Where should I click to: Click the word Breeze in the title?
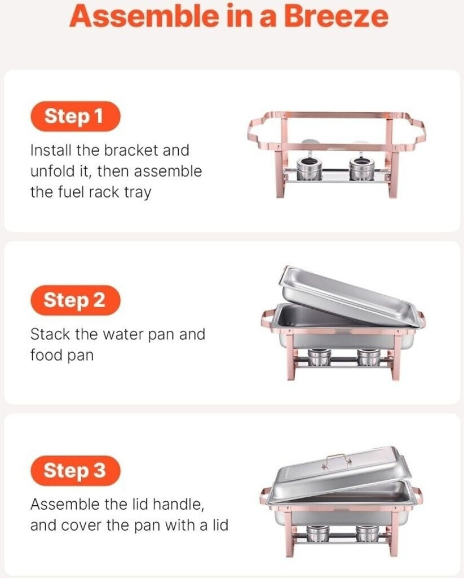[x=336, y=16]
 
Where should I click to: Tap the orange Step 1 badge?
[x=75, y=116]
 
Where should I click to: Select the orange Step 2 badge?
[x=75, y=300]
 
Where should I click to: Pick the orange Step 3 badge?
[x=75, y=470]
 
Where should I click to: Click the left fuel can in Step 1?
[x=310, y=169]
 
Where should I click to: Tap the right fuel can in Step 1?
[x=362, y=169]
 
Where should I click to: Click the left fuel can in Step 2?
[x=319, y=357]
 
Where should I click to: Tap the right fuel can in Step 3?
[x=368, y=533]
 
